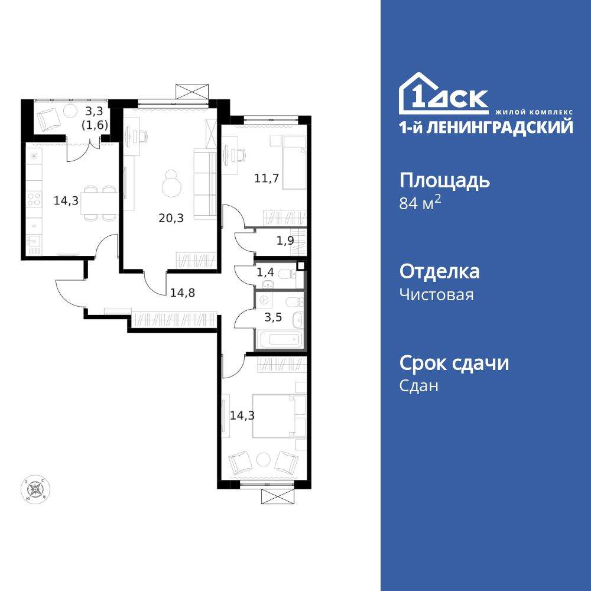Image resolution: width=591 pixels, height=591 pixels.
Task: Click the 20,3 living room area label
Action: tap(171, 218)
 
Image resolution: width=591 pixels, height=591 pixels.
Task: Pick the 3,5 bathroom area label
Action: tap(272, 316)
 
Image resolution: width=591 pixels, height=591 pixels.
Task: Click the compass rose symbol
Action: tap(36, 489)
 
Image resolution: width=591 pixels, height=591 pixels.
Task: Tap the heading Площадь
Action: tap(444, 180)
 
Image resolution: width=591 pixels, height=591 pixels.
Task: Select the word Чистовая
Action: tap(436, 294)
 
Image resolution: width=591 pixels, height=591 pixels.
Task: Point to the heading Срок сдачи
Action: tap(454, 363)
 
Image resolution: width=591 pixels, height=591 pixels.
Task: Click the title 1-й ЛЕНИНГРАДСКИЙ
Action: tap(486, 126)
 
